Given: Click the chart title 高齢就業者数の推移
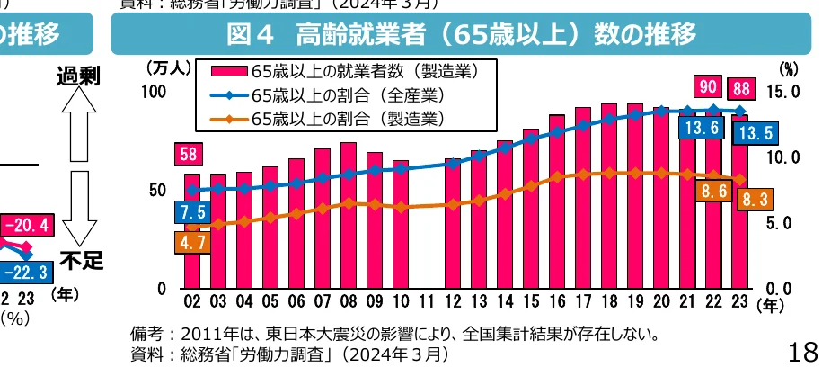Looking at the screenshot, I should [x=462, y=35].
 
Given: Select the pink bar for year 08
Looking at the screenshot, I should [x=349, y=216].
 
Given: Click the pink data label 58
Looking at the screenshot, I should [x=190, y=155].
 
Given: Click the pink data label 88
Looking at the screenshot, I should [x=742, y=87].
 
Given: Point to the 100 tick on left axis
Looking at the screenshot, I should [x=155, y=92].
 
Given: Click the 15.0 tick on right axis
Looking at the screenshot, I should [x=786, y=92].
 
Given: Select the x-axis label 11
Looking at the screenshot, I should [x=427, y=300].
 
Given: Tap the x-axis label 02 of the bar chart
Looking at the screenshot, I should [x=192, y=300].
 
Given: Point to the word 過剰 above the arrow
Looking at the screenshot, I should [x=80, y=76].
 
